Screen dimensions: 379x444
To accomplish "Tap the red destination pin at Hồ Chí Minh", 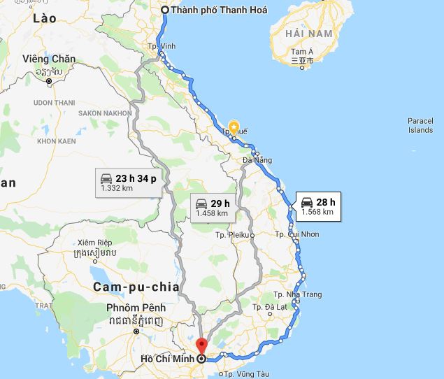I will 202,346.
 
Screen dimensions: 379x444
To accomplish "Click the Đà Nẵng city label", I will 256,160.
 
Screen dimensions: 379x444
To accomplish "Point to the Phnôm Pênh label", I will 136,308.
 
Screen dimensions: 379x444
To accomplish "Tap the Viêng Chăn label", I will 49,59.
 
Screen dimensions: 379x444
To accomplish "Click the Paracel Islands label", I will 420,125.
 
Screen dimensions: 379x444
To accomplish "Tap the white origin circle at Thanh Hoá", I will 165,10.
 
